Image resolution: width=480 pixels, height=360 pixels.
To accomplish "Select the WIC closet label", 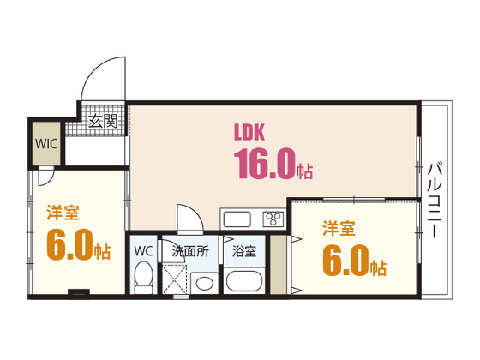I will [46, 143].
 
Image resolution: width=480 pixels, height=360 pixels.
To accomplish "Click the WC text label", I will [143, 251].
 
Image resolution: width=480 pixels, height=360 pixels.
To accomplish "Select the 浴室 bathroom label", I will [244, 251].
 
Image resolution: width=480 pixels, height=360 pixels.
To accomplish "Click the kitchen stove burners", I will [273, 218].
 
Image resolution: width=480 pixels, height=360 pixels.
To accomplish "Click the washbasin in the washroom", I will [204, 280].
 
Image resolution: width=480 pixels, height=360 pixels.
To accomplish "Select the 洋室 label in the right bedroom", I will [339, 228].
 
